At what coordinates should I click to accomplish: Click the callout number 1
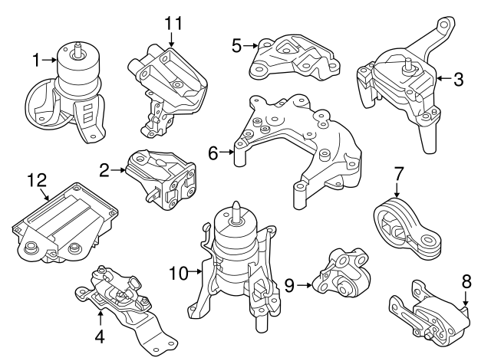point(36,58)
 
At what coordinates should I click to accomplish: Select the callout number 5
point(237,46)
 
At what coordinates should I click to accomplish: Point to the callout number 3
point(458,77)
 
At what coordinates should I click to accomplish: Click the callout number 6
point(213,153)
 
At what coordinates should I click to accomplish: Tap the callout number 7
point(399,173)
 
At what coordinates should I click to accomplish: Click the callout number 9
point(289,286)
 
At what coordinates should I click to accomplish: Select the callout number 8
point(466,281)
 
